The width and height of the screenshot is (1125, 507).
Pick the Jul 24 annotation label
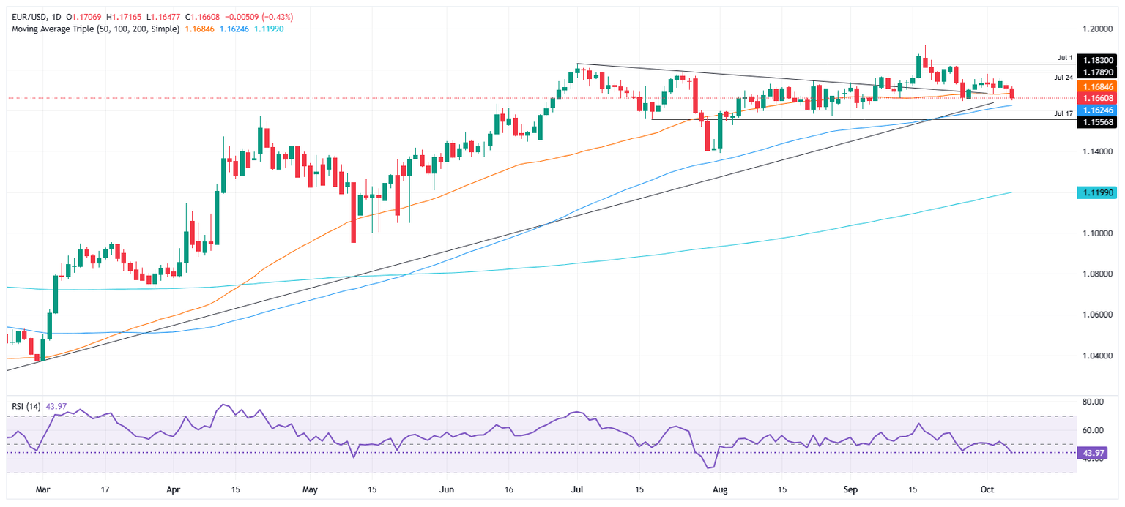pyautogui.click(x=1063, y=77)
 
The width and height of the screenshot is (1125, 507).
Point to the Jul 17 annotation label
pyautogui.click(x=1063, y=113)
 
